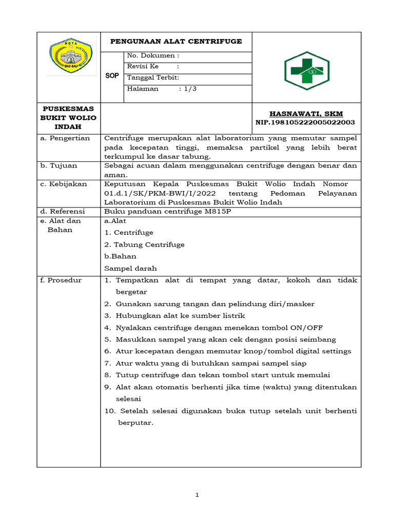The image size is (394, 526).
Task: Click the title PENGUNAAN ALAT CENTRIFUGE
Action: (x=176, y=42)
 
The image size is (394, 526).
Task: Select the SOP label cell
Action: (x=112, y=76)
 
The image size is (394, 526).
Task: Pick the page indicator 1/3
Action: (x=188, y=89)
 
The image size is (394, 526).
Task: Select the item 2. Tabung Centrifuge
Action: (x=144, y=245)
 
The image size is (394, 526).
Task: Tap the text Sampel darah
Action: (x=130, y=268)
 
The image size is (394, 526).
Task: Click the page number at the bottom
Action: (x=197, y=495)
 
